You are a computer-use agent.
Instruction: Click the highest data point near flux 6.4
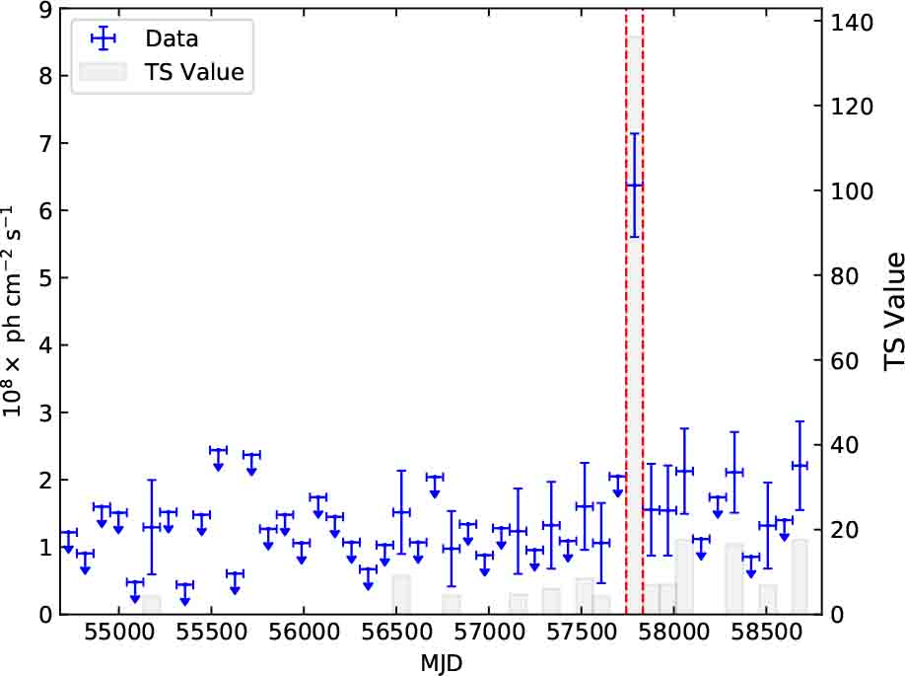pos(634,185)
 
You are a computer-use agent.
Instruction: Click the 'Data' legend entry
pos(172,38)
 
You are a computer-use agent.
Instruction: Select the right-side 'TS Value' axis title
pos(892,312)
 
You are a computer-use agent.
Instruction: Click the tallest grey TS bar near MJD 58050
pos(683,590)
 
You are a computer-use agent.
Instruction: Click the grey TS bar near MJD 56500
pos(401,594)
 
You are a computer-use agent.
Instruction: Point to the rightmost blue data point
pos(800,466)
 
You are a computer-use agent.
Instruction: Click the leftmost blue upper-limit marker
pos(68,534)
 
